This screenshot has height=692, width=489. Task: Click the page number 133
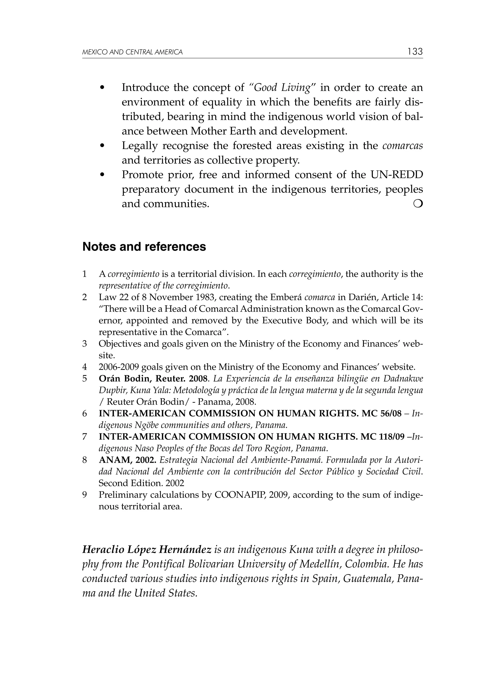tap(415, 52)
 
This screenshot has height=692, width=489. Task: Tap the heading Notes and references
tap(144, 247)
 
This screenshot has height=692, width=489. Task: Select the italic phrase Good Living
tap(282, 88)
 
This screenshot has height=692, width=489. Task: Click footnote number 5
tap(85, 379)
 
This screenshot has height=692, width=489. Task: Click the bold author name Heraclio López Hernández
tap(147, 549)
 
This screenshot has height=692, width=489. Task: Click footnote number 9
tap(85, 495)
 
